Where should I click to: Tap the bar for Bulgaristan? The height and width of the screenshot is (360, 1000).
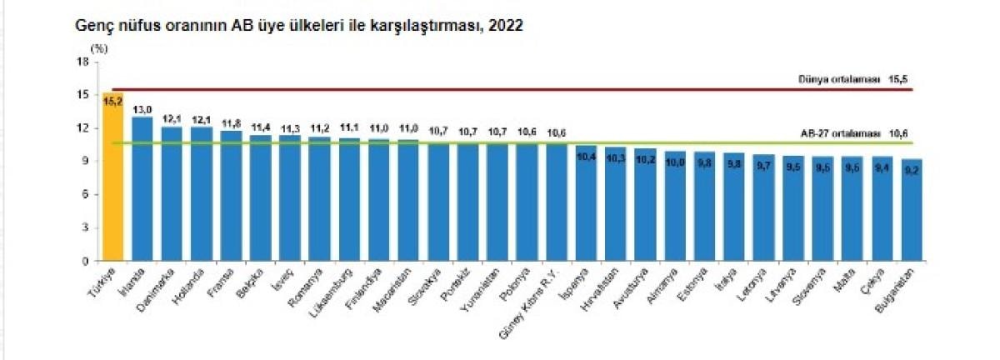tap(912, 212)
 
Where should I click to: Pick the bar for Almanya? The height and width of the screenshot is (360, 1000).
tap(675, 208)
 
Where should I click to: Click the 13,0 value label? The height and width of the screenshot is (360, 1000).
tap(142, 109)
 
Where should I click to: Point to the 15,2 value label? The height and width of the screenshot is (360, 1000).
tap(112, 100)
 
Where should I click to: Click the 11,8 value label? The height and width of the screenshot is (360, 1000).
tap(232, 122)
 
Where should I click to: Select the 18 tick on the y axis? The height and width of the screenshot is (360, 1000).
tap(82, 62)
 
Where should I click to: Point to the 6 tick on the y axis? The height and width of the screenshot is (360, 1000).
tap(85, 194)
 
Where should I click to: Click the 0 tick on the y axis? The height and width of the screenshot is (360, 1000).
tap(85, 261)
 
